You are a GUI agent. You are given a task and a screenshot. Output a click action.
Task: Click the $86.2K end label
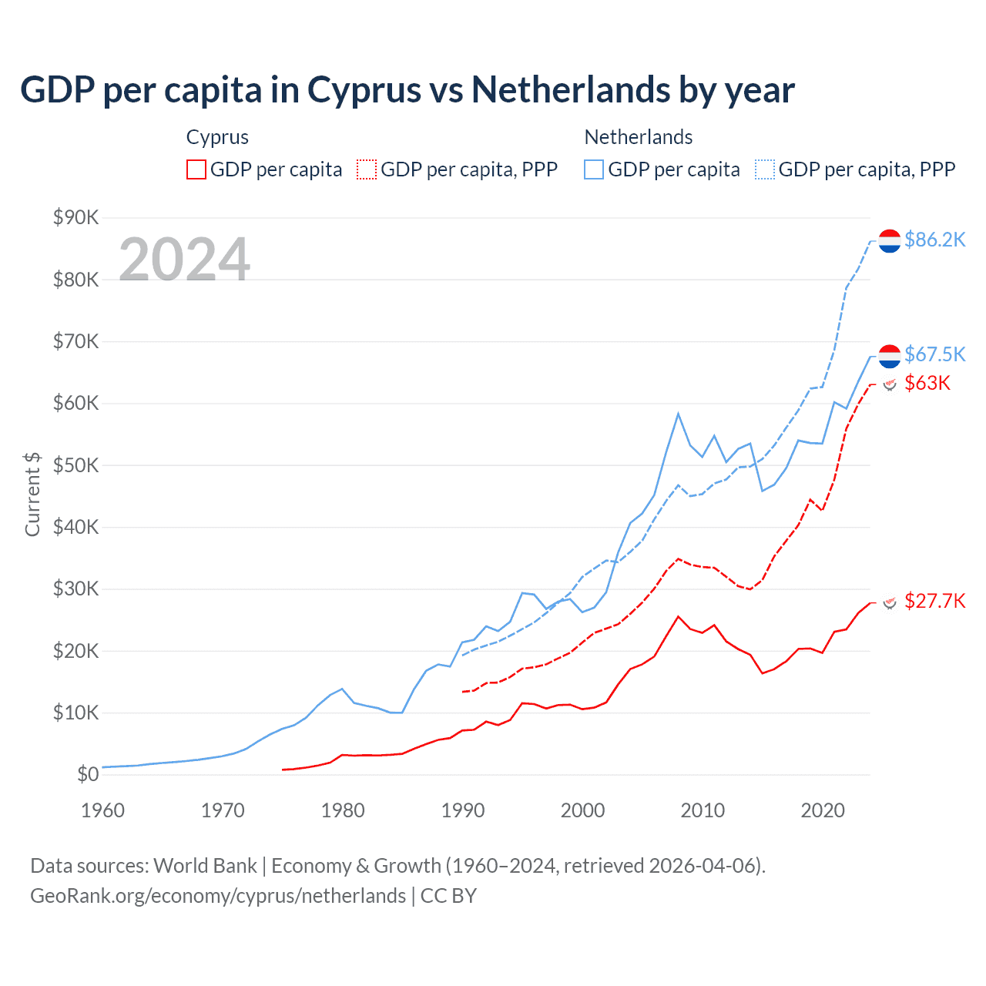coord(934,240)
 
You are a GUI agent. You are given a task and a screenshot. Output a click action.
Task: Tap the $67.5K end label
coord(934,354)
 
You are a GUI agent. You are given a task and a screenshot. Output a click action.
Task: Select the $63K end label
coord(927,383)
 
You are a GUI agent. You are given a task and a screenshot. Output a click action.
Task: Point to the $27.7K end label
coord(934,601)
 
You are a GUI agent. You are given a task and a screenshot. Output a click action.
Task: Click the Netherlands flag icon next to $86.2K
coord(890,241)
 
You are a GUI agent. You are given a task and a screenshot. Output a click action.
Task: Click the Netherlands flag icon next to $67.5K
coord(890,356)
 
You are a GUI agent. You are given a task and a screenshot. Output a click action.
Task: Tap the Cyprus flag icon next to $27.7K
coord(890,602)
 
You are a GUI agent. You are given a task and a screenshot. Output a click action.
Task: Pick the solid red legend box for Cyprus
coord(196,169)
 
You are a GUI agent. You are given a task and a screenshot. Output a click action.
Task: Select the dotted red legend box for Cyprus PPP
coord(367,169)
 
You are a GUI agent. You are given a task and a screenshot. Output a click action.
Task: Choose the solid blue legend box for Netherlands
coord(594,169)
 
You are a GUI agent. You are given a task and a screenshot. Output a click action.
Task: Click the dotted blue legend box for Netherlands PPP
coord(765,169)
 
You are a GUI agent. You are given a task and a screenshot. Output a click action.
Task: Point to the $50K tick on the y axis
coord(75,465)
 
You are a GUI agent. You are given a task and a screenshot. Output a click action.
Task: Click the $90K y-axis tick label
coord(75,217)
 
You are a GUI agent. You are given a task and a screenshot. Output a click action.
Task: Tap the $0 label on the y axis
coord(88,775)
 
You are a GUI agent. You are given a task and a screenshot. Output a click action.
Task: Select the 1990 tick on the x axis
coord(463,810)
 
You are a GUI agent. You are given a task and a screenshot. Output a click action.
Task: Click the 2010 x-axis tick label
coord(703,810)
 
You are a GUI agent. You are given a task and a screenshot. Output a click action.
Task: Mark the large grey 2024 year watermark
coord(184,259)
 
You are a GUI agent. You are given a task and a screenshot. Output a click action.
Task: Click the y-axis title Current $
coord(32,495)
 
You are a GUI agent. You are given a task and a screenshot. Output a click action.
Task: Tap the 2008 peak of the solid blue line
coord(678,414)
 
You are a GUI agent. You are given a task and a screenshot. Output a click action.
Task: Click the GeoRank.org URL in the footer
coord(218,896)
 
